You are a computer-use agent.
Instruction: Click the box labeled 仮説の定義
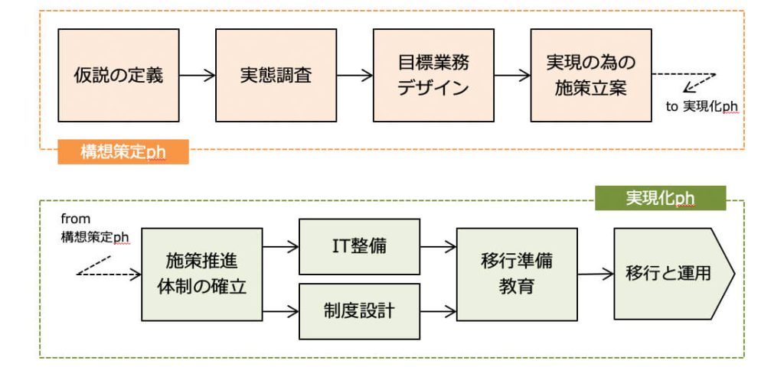[x=119, y=76]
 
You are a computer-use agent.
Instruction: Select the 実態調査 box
[x=276, y=76]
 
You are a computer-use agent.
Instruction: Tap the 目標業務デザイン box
[x=433, y=76]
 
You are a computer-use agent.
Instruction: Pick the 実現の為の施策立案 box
[x=591, y=76]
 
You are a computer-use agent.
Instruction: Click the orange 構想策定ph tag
[x=123, y=152]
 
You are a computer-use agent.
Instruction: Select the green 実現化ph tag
[x=660, y=198]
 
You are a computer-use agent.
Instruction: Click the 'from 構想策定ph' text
[x=95, y=228]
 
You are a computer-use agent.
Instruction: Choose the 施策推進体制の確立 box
[x=202, y=274]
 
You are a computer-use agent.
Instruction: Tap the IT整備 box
[x=360, y=247]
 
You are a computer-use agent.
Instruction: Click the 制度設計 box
[x=360, y=311]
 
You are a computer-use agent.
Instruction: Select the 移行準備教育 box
[x=517, y=274]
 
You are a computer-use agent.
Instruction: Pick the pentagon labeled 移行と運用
[x=675, y=274]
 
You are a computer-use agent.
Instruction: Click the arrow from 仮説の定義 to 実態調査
[x=197, y=76]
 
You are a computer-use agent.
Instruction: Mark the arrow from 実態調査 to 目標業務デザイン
[x=355, y=76]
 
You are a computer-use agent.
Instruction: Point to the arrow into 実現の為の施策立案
[x=512, y=76]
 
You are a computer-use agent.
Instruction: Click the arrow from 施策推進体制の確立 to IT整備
[x=280, y=247]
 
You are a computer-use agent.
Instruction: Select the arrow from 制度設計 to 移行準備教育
[x=438, y=312]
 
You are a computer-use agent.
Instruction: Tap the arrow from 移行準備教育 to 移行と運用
[x=596, y=274]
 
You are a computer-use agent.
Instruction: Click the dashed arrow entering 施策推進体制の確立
[x=109, y=274]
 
